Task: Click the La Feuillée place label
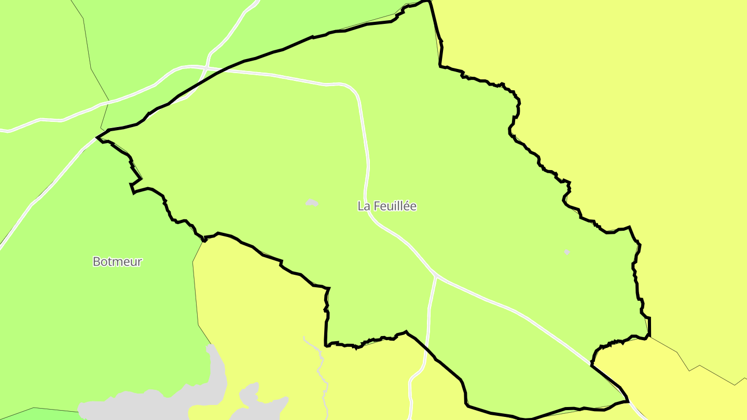pos(387,206)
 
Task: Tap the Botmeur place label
pos(117,261)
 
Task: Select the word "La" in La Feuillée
pos(364,206)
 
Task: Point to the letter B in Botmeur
pos(96,261)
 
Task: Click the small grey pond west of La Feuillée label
pos(311,202)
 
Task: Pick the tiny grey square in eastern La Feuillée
pos(567,252)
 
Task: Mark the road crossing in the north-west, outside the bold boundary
pos(207,67)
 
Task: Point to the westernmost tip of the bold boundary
pos(97,137)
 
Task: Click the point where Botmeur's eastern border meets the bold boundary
pos(204,240)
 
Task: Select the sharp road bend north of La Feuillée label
pos(354,90)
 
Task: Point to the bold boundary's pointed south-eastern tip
pos(628,401)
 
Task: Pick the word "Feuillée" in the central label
pos(394,206)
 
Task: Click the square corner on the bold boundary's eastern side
pos(649,318)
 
